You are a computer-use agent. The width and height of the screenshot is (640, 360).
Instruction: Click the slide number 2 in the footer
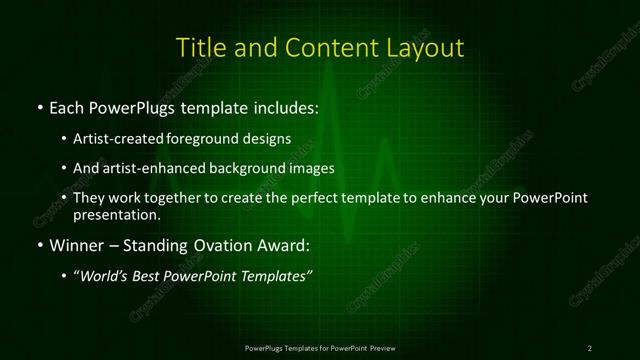[x=590, y=347]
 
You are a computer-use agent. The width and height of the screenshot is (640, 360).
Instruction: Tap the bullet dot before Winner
[x=39, y=245]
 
